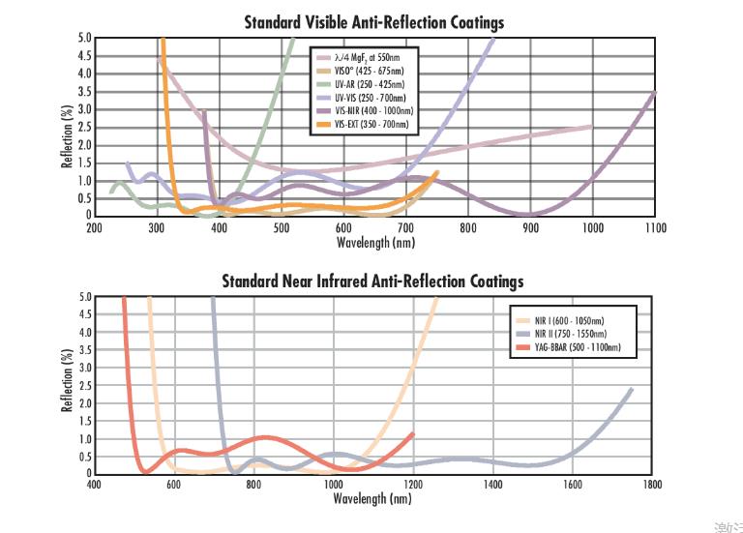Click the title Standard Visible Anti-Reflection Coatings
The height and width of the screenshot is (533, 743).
[x=373, y=21]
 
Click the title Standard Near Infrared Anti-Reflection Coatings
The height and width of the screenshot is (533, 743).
[x=373, y=281]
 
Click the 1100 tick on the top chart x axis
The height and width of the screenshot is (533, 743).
[x=655, y=228]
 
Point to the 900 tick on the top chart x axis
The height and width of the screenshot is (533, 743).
[x=530, y=228]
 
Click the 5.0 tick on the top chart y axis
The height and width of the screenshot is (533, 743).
[x=83, y=38]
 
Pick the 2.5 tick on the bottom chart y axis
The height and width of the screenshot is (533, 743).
[x=83, y=386]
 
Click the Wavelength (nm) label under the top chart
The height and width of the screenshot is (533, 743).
[x=373, y=241]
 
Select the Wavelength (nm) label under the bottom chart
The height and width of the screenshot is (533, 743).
[x=373, y=499]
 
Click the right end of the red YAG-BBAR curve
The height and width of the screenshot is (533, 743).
[x=413, y=433]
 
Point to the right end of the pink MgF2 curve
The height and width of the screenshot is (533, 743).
[x=592, y=127]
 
